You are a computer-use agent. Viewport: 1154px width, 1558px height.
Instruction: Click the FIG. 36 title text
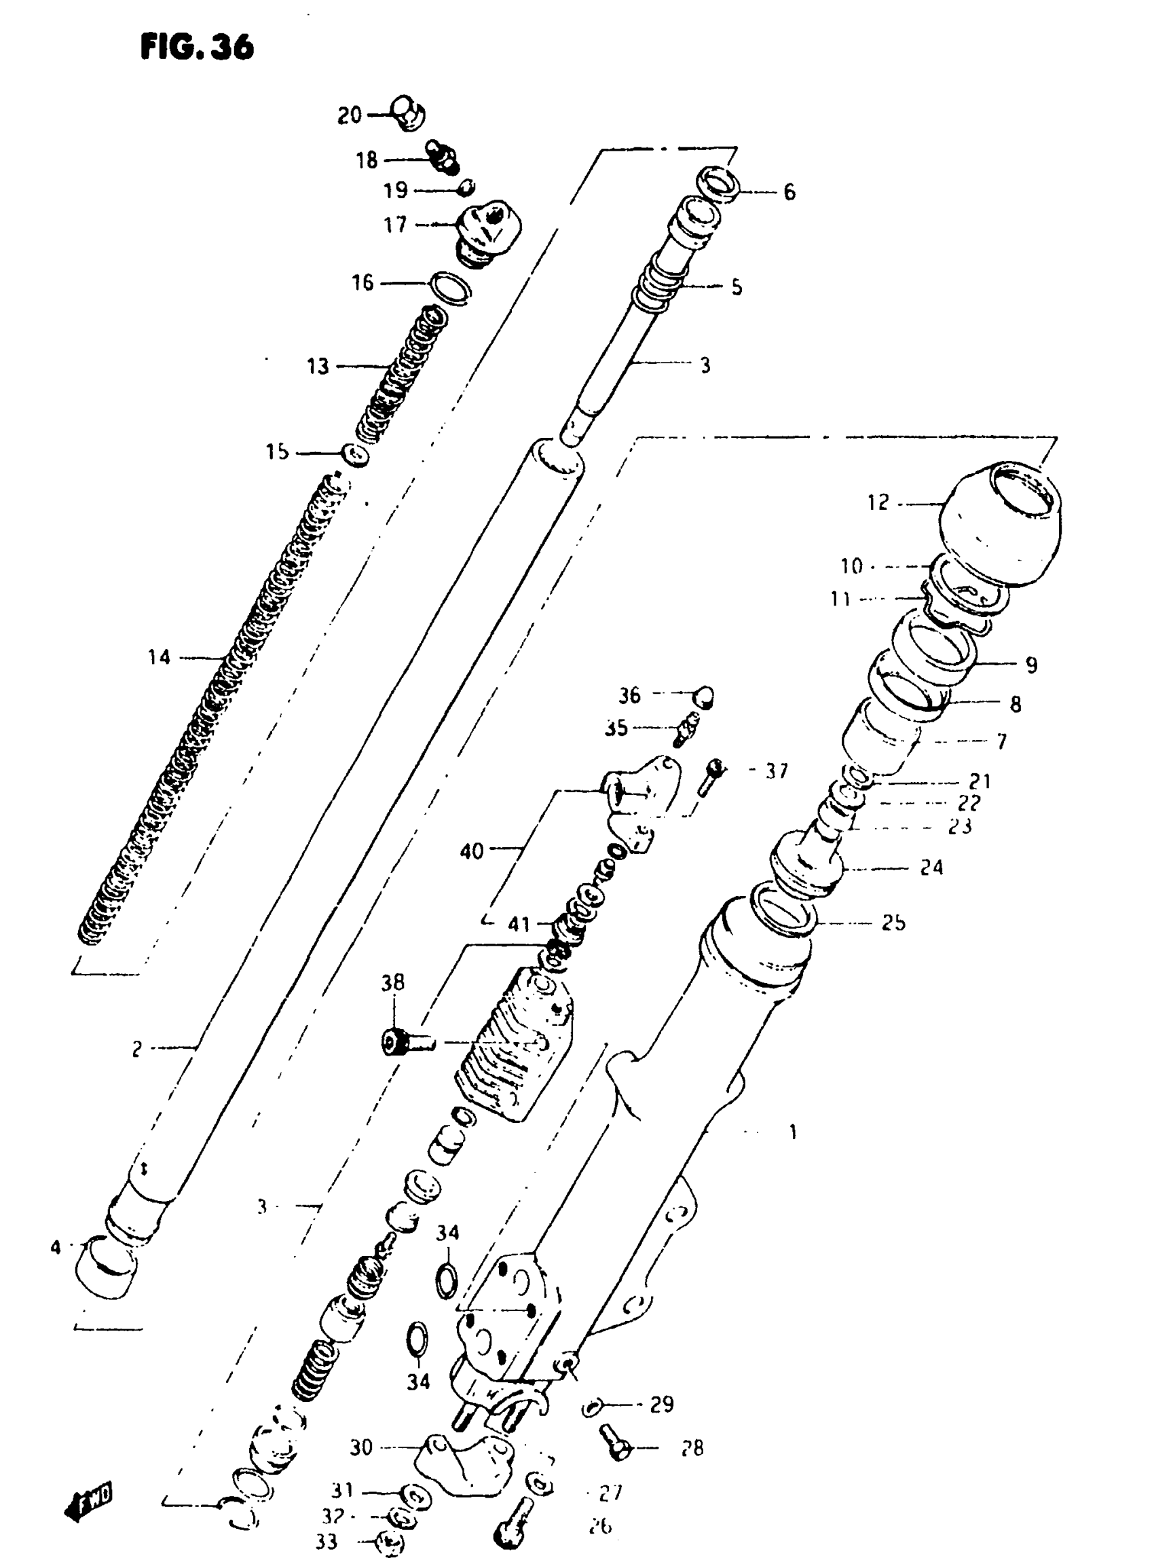click(197, 48)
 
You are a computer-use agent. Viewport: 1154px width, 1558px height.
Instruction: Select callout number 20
click(350, 115)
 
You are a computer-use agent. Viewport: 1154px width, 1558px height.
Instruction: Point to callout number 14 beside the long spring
click(160, 657)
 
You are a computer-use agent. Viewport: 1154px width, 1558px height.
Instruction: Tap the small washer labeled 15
click(356, 455)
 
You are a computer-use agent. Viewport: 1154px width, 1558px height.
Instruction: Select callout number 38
click(392, 982)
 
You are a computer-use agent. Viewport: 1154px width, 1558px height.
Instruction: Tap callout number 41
click(519, 925)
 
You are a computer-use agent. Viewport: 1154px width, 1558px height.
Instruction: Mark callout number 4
click(56, 1246)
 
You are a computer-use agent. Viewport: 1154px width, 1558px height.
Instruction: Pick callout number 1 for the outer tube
click(793, 1132)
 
